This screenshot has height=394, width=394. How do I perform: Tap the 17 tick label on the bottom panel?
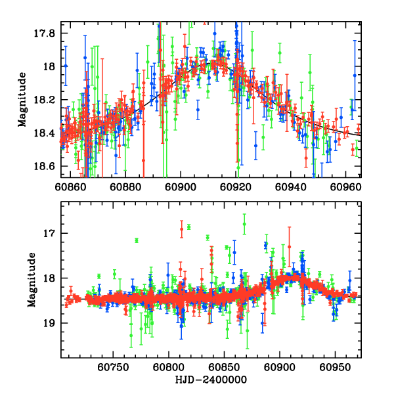coord(50,234)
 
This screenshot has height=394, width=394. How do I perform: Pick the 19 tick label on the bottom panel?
coord(50,323)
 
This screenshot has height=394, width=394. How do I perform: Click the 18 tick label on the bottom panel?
coord(50,278)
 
